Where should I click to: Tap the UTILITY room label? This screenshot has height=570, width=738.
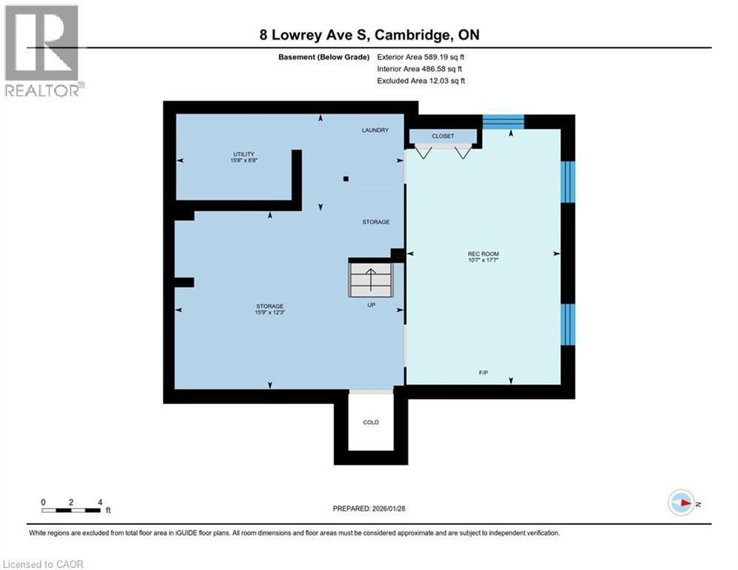point(244,154)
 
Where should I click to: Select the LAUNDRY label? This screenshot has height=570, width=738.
point(375,131)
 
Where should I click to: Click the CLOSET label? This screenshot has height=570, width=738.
point(443,137)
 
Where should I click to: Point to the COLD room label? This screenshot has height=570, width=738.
point(371,422)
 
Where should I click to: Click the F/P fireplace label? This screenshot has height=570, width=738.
point(483,372)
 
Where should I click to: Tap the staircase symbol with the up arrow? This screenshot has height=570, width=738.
point(370,279)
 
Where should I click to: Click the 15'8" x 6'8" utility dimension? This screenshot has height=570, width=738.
point(244,160)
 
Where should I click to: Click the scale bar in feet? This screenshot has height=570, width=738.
point(71,510)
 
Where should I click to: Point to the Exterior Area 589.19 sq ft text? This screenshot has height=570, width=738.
point(421,56)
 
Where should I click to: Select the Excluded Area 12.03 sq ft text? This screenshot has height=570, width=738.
point(421,81)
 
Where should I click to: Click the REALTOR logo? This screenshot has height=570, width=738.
point(43,50)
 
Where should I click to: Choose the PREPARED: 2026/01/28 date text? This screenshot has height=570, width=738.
point(369,509)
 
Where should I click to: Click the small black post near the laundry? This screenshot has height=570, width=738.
point(346,178)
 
